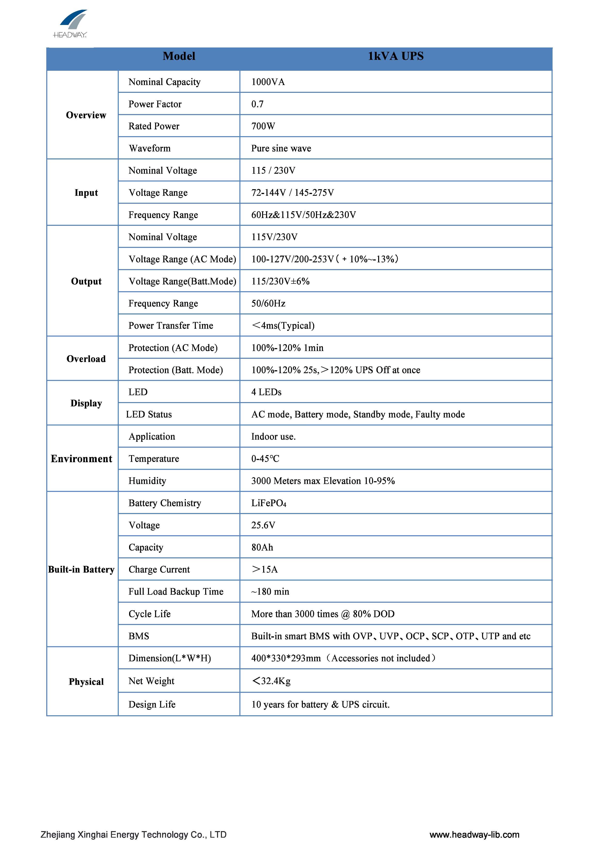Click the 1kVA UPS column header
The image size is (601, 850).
(x=396, y=56)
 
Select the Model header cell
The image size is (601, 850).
(x=179, y=56)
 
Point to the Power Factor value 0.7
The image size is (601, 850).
(x=257, y=104)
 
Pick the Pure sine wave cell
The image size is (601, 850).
(x=281, y=148)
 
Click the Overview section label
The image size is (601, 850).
(x=86, y=115)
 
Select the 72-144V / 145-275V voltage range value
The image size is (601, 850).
(x=293, y=193)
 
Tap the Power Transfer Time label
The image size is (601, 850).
(x=171, y=325)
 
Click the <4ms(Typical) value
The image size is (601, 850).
(x=283, y=325)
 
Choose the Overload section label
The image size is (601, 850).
(x=86, y=359)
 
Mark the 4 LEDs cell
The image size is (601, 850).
(x=266, y=392)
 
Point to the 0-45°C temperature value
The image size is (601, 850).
(x=265, y=459)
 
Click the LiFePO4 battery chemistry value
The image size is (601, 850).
(x=268, y=503)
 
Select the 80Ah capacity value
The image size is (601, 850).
(x=262, y=547)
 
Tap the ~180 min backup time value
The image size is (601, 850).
(x=270, y=592)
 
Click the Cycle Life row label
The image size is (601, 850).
(x=150, y=614)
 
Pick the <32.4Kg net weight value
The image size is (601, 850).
(x=271, y=681)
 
